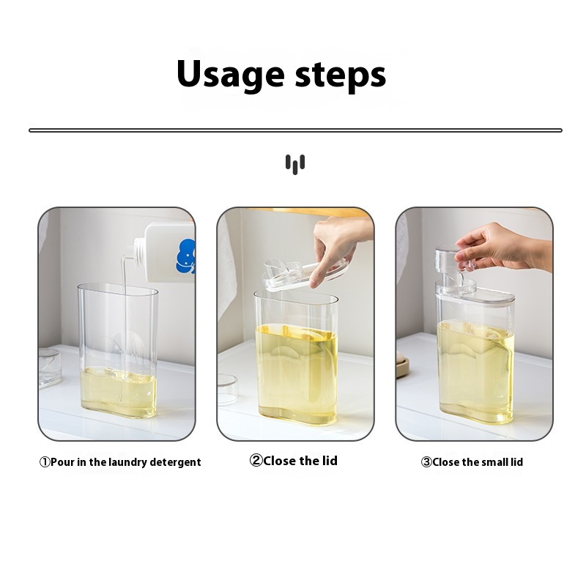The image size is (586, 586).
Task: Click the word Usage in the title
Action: point(231,75)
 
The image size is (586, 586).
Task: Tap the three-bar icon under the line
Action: point(295,164)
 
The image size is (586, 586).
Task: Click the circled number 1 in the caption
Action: point(45,462)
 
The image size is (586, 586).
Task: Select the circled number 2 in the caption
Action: point(256,461)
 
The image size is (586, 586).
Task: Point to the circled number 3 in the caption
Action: point(426,462)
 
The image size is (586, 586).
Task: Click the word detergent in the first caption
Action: point(175,463)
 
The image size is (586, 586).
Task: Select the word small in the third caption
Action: point(494,462)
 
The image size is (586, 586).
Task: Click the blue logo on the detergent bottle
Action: point(186,256)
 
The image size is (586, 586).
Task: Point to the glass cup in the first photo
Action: point(49,368)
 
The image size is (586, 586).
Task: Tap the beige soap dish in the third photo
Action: point(403,367)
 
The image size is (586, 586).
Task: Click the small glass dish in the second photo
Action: point(227,390)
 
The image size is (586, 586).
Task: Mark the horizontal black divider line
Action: point(295,130)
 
